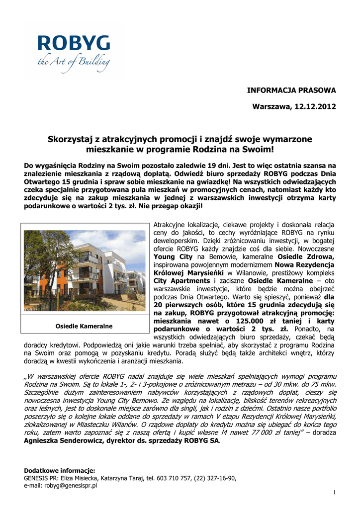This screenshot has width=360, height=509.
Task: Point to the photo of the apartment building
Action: point(85,270)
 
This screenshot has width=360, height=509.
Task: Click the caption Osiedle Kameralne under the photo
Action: point(84,326)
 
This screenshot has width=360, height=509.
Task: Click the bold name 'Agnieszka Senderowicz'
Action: point(65,441)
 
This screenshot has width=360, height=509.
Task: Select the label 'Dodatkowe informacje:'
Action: point(60,470)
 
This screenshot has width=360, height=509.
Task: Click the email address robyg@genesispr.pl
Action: point(70,486)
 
